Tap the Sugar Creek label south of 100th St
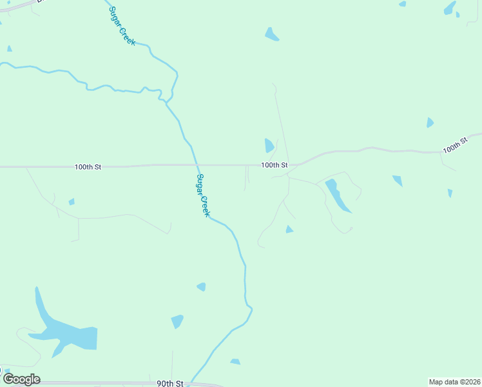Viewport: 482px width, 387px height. [x=204, y=195]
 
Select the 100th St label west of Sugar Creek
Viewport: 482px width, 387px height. [x=88, y=166]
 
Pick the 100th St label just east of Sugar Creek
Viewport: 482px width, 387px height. [x=274, y=165]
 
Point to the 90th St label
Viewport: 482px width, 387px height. [x=171, y=383]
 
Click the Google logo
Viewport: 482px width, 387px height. [x=21, y=379]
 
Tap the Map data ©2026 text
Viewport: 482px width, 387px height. [x=455, y=382]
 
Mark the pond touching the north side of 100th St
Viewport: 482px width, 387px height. [x=269, y=146]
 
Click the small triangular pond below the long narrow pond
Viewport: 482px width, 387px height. [x=289, y=230]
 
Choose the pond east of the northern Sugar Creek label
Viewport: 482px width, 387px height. [x=271, y=35]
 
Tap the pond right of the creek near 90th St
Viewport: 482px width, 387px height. [x=235, y=362]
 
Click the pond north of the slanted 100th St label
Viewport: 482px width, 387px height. [x=430, y=123]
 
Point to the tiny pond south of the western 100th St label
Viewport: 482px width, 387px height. [x=72, y=202]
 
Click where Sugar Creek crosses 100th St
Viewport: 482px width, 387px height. [x=196, y=165]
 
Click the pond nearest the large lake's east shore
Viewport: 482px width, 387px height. [x=177, y=321]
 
